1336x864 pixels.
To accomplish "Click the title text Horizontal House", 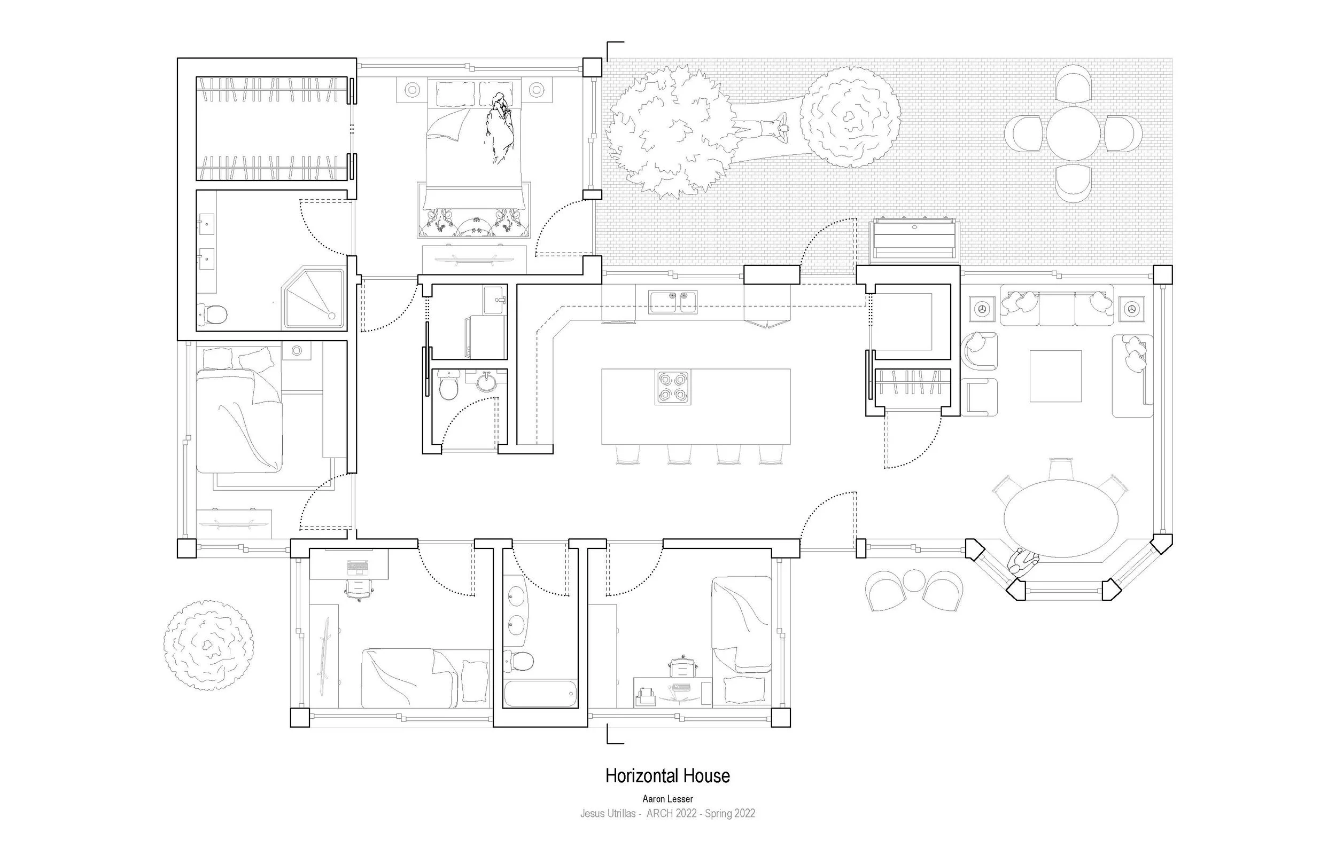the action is click(667, 776).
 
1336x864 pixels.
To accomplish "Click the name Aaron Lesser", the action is click(667, 799).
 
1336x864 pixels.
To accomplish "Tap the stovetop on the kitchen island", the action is click(672, 387).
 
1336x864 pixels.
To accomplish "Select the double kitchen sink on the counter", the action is click(672, 302).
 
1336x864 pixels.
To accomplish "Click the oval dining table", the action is click(1060, 519).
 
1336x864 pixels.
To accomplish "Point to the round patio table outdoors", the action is click(1073, 133).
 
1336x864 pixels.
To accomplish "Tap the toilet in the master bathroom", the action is click(212, 314).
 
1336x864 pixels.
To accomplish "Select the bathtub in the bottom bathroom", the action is click(540, 694).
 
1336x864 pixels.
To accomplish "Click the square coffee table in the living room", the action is click(1055, 376).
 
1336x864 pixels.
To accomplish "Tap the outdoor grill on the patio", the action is click(914, 240).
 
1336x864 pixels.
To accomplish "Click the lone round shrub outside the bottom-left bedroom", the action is click(208, 645).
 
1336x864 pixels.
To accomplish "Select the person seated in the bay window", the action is click(1023, 562).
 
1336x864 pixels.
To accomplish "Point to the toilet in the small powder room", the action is click(448, 387).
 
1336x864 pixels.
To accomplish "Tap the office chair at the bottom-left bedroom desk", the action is click(359, 589).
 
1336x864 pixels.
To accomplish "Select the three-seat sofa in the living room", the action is click(1057, 305).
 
